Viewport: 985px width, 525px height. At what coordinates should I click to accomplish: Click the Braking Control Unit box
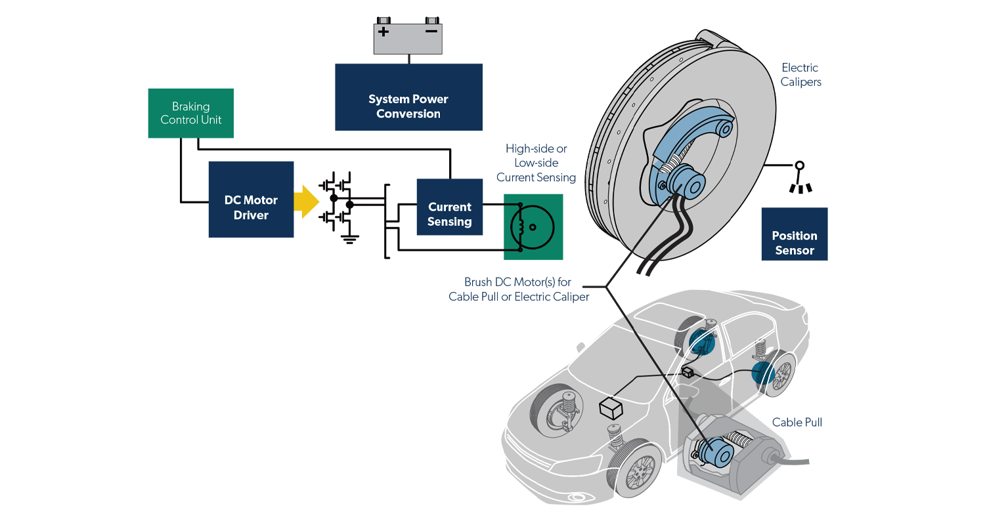point(190,113)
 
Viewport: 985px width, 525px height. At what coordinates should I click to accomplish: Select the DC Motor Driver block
point(251,199)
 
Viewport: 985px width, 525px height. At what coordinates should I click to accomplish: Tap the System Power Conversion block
point(408,97)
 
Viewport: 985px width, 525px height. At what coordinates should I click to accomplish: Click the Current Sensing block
point(450,207)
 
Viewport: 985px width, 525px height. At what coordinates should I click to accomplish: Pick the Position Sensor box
point(795,234)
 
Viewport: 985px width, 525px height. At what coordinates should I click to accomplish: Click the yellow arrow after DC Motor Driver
point(309,201)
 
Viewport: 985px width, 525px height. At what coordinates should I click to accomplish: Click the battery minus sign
point(431,31)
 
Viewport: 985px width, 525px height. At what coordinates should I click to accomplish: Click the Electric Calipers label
point(800,75)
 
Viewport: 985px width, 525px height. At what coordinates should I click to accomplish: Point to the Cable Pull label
point(797,422)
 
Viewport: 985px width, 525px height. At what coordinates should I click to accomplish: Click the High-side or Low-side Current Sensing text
point(536,163)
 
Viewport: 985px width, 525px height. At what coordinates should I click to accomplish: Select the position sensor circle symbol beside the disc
point(800,165)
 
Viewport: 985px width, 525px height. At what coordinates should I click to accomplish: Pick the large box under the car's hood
point(611,408)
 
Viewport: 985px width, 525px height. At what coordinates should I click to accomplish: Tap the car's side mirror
point(580,346)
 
